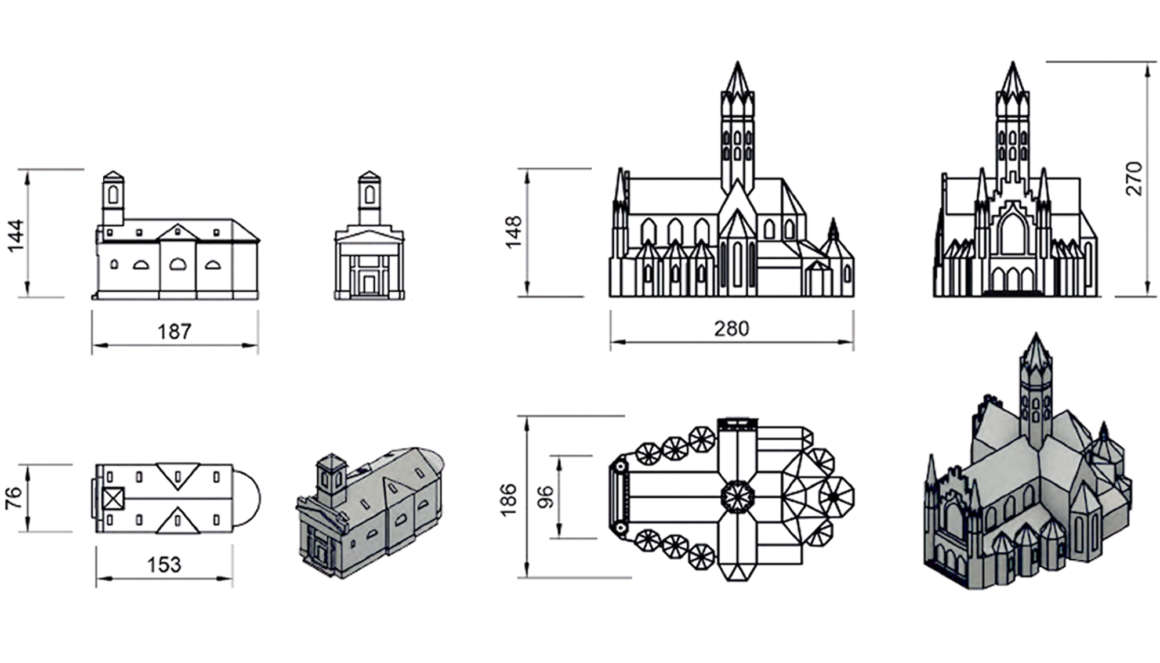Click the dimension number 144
click(16, 235)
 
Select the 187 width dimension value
click(174, 332)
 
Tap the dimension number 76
click(13, 498)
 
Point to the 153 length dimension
click(164, 564)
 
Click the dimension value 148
click(514, 233)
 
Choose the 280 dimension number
click(731, 329)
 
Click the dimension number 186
click(507, 499)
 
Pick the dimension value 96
click(546, 498)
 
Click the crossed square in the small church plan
click(114, 498)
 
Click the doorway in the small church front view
click(369, 285)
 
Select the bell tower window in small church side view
click(113, 194)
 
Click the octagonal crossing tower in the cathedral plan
click(738, 497)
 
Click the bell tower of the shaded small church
click(331, 479)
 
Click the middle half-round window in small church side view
click(177, 265)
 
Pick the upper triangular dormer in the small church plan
click(177, 474)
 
